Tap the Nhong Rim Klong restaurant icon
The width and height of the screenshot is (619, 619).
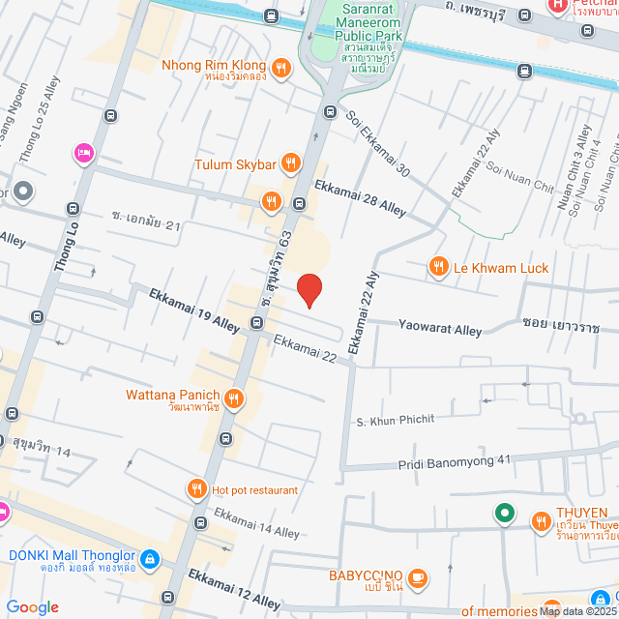point(280,67)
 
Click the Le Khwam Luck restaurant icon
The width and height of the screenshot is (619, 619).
point(439,267)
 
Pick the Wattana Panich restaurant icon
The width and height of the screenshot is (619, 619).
point(234,397)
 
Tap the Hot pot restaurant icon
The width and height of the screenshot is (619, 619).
point(197,489)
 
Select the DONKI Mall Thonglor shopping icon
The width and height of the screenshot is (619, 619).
point(149,558)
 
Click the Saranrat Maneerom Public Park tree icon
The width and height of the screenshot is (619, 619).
point(345,14)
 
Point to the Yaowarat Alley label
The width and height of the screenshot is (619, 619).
point(440,330)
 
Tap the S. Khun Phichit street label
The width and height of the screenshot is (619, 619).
point(397,422)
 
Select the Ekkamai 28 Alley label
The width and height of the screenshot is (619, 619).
point(359,196)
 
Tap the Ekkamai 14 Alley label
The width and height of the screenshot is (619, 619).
point(256,524)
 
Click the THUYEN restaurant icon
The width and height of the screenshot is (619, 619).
point(540,523)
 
